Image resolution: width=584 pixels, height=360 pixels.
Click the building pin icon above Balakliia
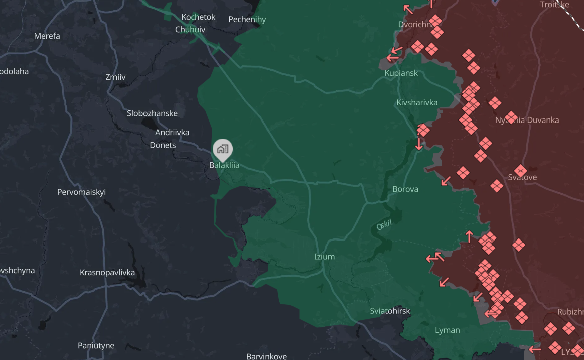223,149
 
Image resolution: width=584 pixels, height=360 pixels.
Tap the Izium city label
324,257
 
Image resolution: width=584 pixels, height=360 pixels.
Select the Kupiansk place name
401,73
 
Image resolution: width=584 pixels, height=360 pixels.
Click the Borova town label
405,189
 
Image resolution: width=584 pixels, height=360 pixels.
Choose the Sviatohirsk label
390,311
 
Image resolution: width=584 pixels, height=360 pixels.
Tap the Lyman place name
447,330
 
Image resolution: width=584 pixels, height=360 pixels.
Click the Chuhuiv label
190,30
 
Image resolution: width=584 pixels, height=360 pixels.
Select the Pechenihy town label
247,20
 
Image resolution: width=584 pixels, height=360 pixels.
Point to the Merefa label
47,36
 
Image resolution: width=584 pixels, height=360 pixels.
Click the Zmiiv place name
115,77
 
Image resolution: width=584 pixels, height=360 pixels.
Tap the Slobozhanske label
152,113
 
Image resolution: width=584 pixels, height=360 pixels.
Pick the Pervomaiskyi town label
81,192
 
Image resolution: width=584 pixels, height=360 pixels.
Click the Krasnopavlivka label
107,273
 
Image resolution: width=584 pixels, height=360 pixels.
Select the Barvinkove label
266,356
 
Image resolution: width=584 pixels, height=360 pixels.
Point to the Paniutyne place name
96,346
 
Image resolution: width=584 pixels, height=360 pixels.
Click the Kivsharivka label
417,103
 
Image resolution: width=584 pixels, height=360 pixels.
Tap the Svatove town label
522,178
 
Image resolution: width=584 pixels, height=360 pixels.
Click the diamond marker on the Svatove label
520,170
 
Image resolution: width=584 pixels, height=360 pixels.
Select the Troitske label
554,5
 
